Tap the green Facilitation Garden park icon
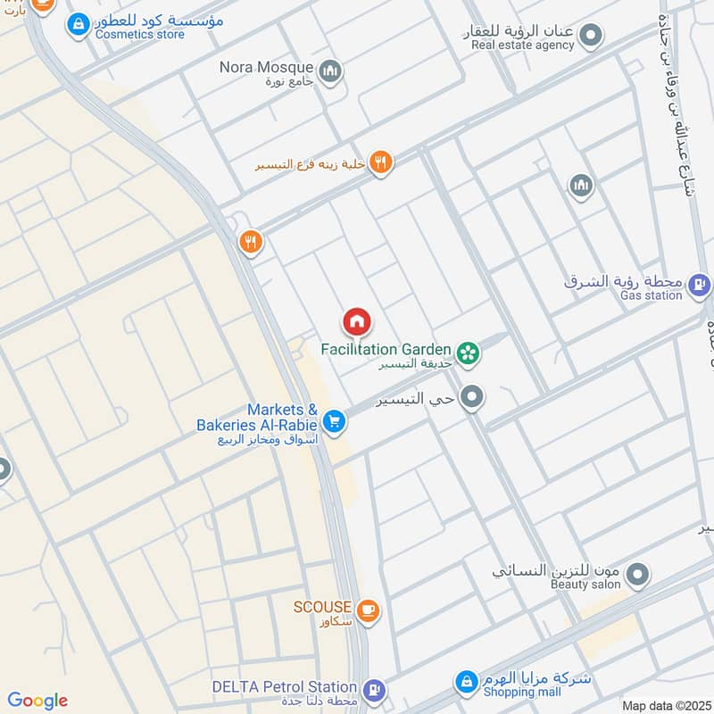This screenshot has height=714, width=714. point(469,354)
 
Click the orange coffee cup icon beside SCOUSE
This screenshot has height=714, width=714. point(368,610)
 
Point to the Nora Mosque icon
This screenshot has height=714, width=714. point(330,70)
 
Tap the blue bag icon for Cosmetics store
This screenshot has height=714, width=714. point(78,23)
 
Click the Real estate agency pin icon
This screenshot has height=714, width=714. point(589,36)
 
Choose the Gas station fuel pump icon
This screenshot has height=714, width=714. point(698,286)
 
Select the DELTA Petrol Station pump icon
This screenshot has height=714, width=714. point(375,689)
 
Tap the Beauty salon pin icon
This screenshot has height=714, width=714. point(636,576)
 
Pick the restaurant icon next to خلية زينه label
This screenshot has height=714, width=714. point(381,162)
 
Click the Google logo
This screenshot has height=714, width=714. point(37,701)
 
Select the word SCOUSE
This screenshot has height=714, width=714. point(322,607)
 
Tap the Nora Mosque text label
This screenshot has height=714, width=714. point(266,67)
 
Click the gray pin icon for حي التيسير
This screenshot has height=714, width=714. point(473,398)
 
